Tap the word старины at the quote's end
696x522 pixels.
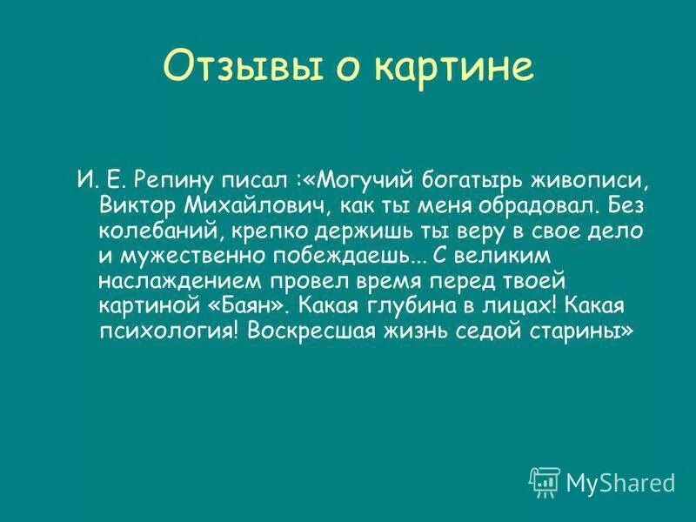tap(567, 333)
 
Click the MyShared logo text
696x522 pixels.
tap(620, 481)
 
